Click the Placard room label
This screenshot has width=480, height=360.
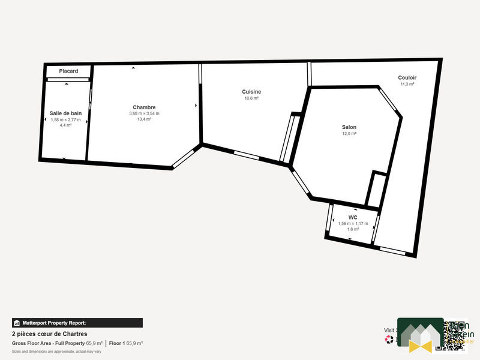(68, 71)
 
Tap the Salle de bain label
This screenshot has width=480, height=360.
(65, 113)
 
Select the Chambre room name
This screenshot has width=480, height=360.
(144, 107)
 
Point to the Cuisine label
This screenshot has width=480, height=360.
(251, 92)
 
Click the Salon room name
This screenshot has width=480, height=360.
(349, 127)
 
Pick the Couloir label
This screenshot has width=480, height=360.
(407, 78)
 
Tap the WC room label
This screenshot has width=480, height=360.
(353, 217)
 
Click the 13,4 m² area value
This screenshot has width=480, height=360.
(144, 119)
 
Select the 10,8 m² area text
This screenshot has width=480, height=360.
(251, 98)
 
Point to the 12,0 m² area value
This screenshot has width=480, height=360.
(349, 134)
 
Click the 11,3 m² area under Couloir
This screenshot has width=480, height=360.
(407, 85)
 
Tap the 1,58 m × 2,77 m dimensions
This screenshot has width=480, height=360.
(65, 119)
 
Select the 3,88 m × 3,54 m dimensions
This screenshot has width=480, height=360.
(144, 113)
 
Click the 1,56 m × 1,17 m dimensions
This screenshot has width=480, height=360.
(353, 223)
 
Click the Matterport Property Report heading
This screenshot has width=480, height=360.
(77, 323)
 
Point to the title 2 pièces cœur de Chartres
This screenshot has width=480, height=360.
(50, 334)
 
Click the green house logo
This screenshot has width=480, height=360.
(421, 334)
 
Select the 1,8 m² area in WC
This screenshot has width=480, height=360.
(353, 229)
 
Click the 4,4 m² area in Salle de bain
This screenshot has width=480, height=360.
(65, 125)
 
